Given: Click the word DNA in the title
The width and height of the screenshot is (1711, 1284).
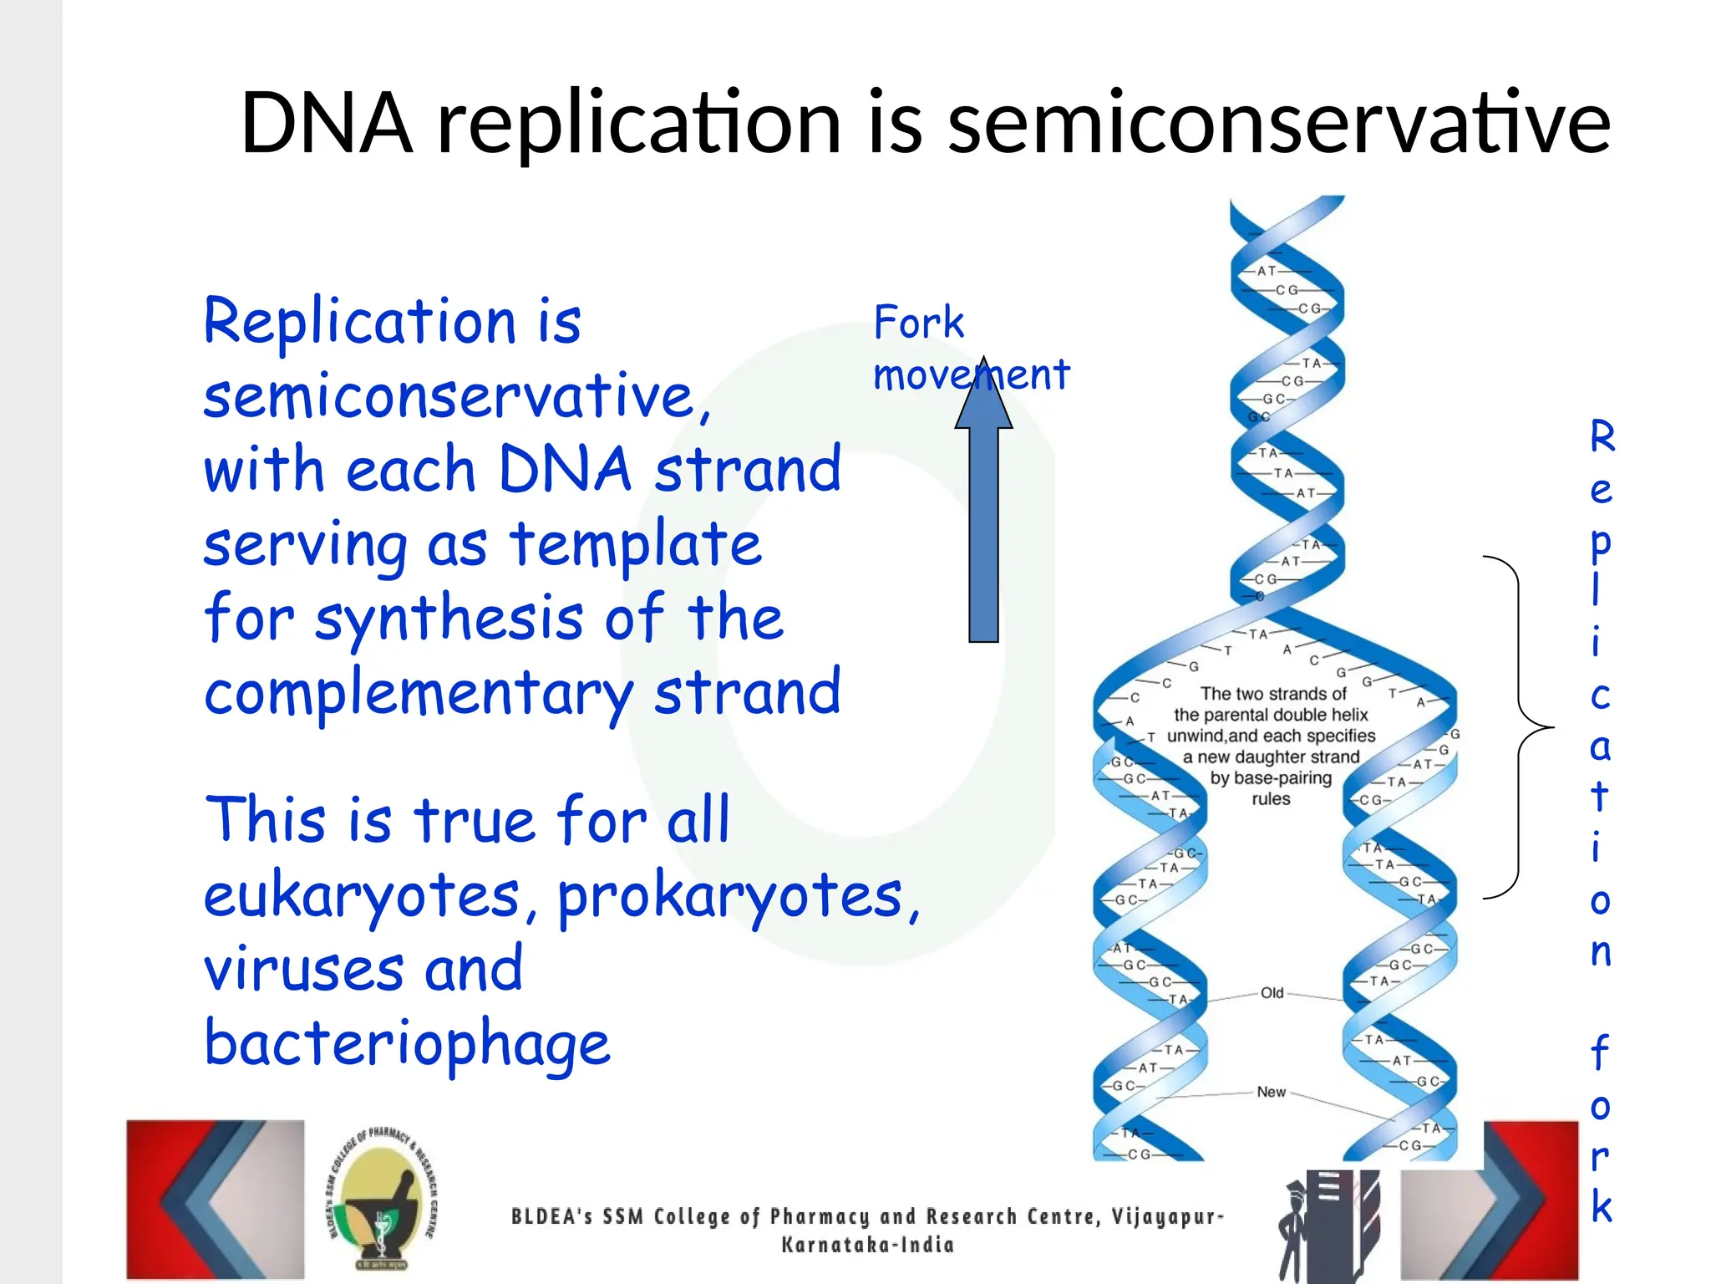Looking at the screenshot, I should (326, 124).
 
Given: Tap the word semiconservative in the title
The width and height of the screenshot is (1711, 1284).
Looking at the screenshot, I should (1278, 124).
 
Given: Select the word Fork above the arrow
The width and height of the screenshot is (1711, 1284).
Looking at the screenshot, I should (918, 323).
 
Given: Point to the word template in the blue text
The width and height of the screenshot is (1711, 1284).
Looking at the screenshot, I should (636, 544).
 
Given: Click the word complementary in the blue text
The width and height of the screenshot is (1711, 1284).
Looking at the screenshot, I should (418, 694).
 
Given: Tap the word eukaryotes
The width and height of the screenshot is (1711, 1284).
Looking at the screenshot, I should (361, 895).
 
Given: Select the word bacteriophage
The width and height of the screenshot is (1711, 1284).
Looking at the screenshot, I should (407, 1043).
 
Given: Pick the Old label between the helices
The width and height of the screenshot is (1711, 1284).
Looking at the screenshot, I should (1272, 993).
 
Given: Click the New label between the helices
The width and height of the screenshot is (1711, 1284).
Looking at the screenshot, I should (1271, 1092).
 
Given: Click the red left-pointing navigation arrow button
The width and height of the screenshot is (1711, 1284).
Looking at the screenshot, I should (216, 1199).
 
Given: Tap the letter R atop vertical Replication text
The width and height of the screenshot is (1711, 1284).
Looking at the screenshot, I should (1602, 437).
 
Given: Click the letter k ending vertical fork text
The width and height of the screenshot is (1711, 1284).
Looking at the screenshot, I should (1601, 1206).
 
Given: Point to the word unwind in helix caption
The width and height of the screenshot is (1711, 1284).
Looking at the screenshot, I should (1196, 736).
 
